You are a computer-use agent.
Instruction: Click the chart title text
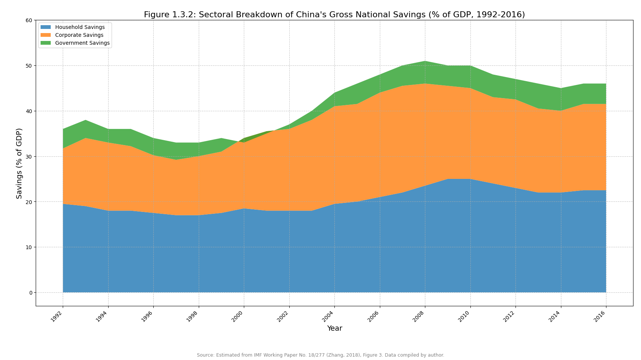point(334,15)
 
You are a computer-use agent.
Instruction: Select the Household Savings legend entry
point(80,27)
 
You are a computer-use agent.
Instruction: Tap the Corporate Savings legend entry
point(79,35)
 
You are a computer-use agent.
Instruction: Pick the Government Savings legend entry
point(82,43)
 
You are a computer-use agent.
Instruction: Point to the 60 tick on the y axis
point(29,20)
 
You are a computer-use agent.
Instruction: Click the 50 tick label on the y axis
point(29,66)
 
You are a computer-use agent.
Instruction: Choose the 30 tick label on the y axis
point(29,156)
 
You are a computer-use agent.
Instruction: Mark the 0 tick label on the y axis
point(30,293)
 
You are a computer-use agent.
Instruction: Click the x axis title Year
point(334,328)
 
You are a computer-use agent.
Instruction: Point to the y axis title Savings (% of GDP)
point(20,163)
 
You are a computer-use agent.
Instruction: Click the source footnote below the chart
point(320,355)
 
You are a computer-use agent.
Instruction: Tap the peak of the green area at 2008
point(425,61)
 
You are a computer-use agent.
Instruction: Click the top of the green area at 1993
point(85,120)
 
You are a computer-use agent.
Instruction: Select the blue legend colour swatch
point(45,27)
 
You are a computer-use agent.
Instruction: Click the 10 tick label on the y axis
point(29,247)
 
